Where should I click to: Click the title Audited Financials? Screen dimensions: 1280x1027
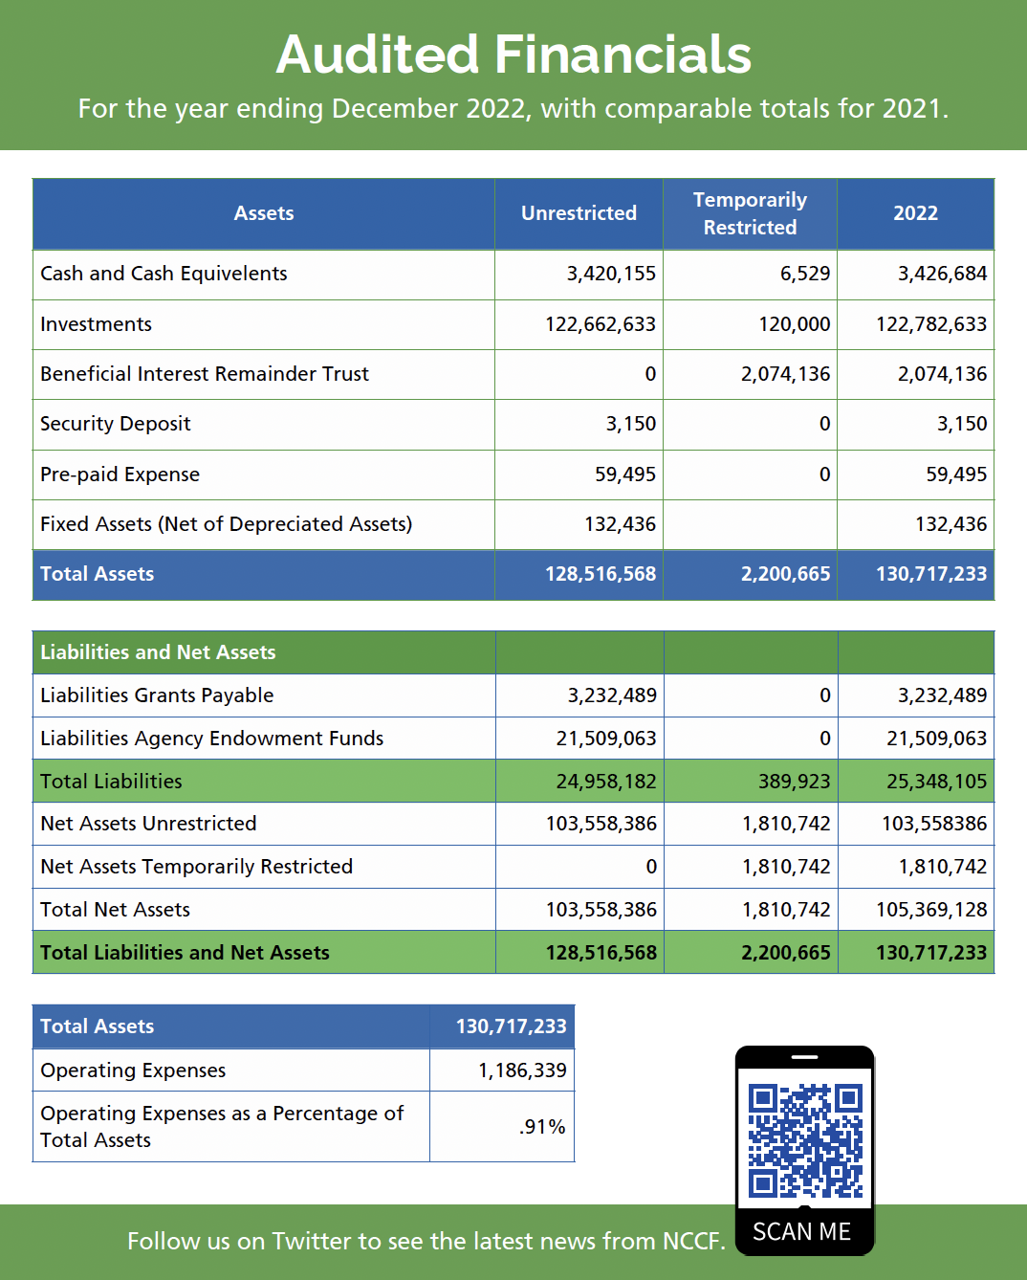(513, 55)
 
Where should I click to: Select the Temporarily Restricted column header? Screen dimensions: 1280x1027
(750, 213)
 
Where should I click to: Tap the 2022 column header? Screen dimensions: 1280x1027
(915, 213)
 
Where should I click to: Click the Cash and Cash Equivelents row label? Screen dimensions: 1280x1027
(164, 274)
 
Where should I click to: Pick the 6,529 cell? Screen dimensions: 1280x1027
(805, 274)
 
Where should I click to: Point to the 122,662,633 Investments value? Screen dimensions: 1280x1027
(601, 324)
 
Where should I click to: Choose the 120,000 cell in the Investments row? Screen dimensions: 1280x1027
(795, 324)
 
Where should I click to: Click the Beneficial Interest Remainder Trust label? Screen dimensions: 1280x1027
(205, 374)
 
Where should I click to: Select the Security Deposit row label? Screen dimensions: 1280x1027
(116, 424)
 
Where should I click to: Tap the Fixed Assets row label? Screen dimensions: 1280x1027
(226, 524)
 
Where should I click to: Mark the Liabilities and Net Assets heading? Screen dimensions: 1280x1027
(158, 652)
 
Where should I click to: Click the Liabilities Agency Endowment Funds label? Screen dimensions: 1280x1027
(211, 739)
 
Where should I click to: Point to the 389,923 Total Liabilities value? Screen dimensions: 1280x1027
(795, 782)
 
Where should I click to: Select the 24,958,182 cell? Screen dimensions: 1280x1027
(606, 782)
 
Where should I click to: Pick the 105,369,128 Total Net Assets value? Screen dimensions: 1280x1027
(931, 910)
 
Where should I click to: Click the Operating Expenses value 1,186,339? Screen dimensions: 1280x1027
(522, 1070)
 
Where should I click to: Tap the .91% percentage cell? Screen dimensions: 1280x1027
(542, 1127)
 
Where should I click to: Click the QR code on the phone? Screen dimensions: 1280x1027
(805, 1140)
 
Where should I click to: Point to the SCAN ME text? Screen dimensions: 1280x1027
(801, 1232)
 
